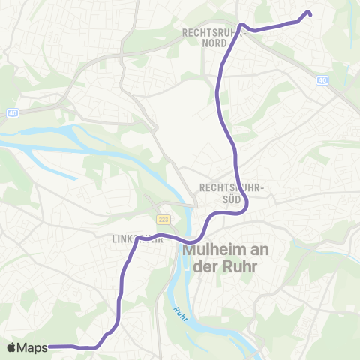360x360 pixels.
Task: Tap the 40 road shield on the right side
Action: pos(323,80)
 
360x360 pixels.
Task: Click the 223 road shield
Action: pos(163,220)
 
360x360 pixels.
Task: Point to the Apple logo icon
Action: pos(11,347)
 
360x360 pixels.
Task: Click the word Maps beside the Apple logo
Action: pos(33,347)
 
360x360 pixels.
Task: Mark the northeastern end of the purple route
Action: pos(309,13)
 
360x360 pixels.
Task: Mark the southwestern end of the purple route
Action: pos(49,346)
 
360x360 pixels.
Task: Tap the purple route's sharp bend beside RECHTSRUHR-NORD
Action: pos(242,25)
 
